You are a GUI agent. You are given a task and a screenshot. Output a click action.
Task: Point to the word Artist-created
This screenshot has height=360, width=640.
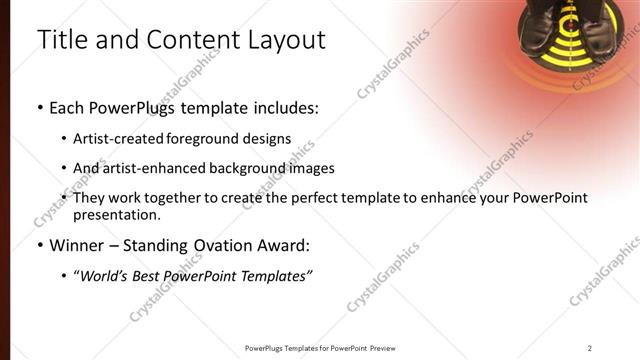pyautogui.click(x=116, y=139)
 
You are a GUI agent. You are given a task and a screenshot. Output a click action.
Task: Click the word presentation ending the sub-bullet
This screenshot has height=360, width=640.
pyautogui.click(x=115, y=215)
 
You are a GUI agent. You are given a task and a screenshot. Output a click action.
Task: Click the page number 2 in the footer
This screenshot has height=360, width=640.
pyautogui.click(x=590, y=348)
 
